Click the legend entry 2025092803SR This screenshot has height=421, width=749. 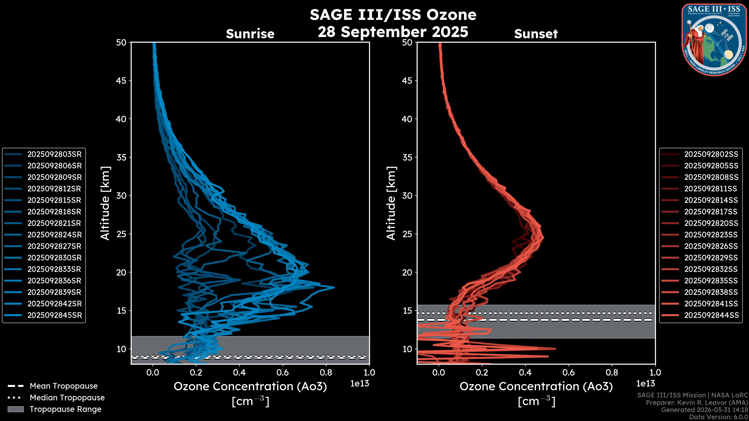(x=54, y=154)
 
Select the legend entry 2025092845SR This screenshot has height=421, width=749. (x=54, y=315)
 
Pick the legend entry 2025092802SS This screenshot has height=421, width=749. (x=711, y=154)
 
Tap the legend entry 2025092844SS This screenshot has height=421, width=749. (x=711, y=315)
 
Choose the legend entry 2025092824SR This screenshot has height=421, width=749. (x=54, y=235)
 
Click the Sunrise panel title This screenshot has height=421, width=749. (x=250, y=34)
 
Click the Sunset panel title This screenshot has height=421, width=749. (x=536, y=34)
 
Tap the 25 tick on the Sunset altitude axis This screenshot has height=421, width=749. (x=407, y=234)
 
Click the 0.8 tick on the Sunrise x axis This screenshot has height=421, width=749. (x=326, y=372)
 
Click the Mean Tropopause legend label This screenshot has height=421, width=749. (x=63, y=386)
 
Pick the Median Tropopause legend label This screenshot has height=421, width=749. (x=67, y=398)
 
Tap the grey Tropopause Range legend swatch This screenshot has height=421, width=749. (x=15, y=409)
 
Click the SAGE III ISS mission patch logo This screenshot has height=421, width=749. (x=714, y=40)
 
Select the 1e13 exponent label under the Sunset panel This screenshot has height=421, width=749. (x=645, y=384)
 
